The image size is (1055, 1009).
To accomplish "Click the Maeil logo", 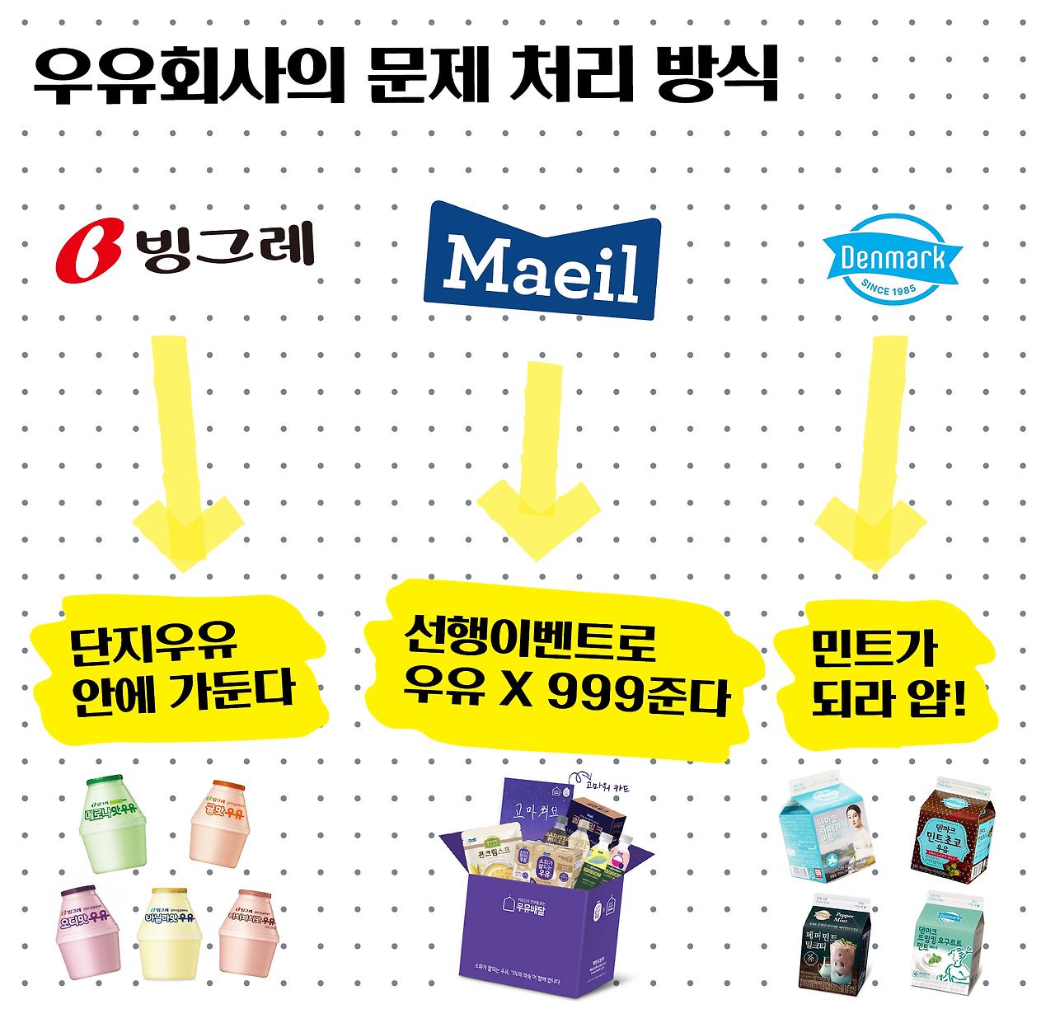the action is tap(542, 262).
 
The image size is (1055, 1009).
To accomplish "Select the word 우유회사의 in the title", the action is tap(190, 76).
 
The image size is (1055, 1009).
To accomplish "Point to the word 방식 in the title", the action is tap(717, 76).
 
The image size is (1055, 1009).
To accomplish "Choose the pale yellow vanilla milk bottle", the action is tap(170, 933).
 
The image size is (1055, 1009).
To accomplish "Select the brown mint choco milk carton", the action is tap(948, 827).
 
